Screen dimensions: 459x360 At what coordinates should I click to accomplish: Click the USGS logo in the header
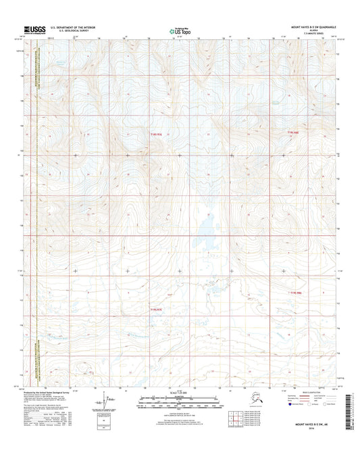click(33, 30)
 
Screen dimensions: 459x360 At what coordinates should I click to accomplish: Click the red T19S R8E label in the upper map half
click(292, 132)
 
